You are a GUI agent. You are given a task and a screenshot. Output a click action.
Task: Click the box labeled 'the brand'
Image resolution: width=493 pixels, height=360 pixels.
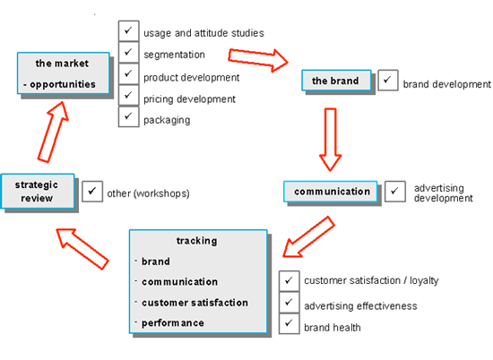click(336, 81)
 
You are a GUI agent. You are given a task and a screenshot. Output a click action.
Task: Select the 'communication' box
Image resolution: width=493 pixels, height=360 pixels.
click(331, 192)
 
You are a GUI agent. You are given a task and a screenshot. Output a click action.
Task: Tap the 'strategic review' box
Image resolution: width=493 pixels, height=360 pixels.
click(38, 191)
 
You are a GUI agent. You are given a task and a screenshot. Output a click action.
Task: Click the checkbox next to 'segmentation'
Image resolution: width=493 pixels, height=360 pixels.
click(128, 52)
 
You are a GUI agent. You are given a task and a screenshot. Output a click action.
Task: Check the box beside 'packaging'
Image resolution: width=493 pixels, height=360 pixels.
click(128, 116)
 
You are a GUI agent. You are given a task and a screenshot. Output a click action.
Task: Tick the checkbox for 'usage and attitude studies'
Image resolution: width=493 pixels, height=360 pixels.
click(128, 30)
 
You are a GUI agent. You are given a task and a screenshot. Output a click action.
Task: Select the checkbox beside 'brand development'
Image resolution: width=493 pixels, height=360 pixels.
click(388, 80)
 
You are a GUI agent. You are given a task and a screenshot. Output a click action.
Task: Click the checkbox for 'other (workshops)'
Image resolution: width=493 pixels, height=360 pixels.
click(92, 192)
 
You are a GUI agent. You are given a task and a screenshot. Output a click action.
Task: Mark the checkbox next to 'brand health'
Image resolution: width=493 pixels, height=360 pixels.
click(289, 323)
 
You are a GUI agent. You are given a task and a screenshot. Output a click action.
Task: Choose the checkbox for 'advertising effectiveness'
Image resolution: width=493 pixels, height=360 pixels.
click(289, 302)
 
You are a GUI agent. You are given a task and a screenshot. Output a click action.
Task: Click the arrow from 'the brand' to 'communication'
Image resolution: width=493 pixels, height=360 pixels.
click(331, 140)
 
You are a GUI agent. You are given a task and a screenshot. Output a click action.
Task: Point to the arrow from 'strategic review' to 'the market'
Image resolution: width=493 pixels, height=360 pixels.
click(54, 132)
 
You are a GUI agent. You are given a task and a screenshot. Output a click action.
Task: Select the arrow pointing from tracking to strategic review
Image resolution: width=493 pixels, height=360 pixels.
click(82, 249)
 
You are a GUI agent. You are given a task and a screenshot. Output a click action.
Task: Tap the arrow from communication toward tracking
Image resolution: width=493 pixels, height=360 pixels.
click(308, 236)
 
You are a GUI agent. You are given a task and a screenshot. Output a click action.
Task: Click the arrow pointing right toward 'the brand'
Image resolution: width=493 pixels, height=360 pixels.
click(258, 60)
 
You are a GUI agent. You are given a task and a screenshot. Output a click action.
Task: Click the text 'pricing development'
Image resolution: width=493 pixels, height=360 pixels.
click(189, 99)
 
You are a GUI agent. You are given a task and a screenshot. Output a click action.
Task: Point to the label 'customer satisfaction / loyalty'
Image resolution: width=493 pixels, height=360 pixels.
click(371, 280)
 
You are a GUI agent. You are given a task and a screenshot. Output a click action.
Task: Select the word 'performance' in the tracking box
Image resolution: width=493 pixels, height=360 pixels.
click(173, 323)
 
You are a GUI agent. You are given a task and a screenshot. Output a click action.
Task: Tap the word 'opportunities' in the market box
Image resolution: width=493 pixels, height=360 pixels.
click(63, 84)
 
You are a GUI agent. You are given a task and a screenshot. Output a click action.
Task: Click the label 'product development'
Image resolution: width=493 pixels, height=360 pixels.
click(192, 78)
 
